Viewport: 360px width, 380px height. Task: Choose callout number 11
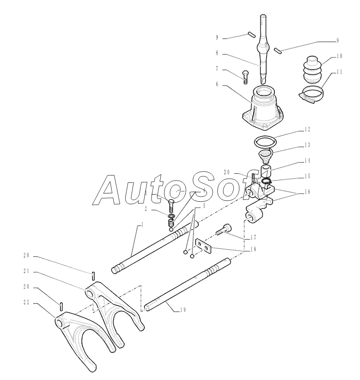click(339, 72)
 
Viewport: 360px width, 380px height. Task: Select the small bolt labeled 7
click(245, 76)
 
